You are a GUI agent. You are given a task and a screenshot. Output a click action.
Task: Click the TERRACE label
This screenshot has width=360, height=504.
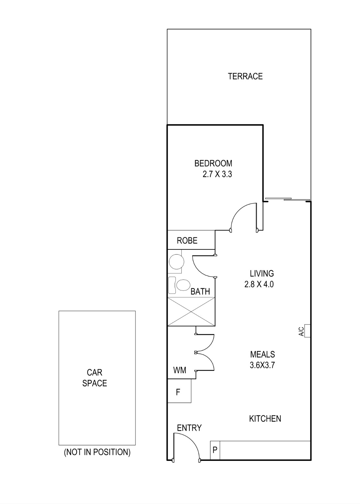(x=245, y=76)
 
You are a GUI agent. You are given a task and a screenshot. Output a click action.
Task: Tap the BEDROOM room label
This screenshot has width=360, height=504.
(x=213, y=163)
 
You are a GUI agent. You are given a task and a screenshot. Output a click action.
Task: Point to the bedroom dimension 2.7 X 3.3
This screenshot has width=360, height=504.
(x=217, y=174)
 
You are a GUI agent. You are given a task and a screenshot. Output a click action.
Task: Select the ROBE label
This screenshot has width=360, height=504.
(x=187, y=240)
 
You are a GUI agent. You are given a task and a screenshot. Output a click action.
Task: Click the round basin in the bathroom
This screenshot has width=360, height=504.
(x=176, y=262)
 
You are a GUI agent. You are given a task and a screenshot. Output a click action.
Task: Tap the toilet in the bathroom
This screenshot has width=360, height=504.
(x=179, y=285)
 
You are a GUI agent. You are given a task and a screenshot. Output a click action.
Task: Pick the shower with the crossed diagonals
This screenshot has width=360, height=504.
(x=191, y=311)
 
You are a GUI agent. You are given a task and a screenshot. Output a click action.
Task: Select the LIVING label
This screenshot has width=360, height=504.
(x=262, y=273)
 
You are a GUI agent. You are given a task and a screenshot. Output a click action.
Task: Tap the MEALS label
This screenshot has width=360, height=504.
(x=262, y=354)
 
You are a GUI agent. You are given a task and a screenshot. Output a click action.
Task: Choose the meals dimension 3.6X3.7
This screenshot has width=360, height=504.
(x=262, y=365)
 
